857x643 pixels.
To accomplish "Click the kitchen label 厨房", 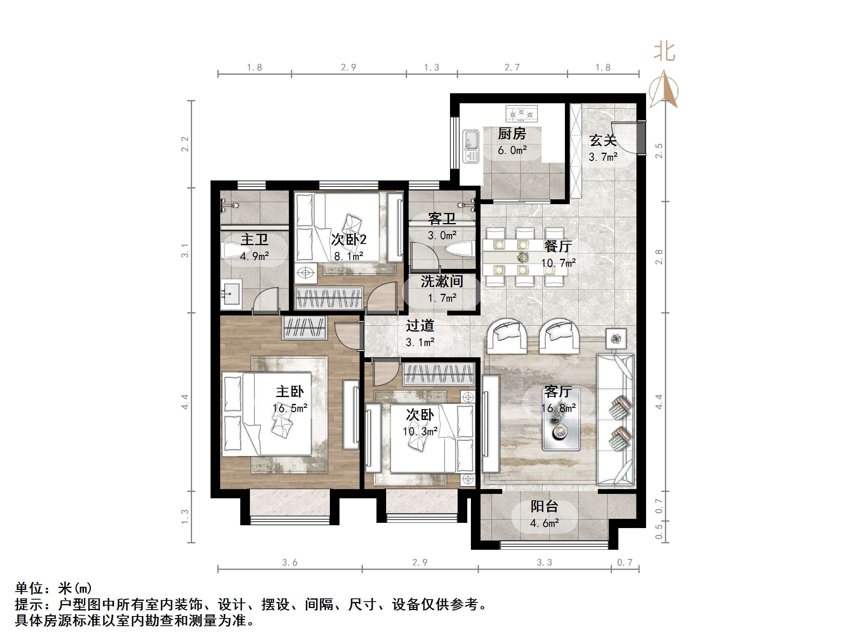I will (x=512, y=134).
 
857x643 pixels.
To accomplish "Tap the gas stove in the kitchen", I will (x=521, y=114).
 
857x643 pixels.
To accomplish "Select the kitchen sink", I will (x=470, y=145).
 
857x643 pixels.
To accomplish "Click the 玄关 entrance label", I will (x=603, y=141).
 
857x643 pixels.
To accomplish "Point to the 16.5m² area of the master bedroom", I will (x=290, y=408).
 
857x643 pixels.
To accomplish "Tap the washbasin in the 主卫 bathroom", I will (x=230, y=294).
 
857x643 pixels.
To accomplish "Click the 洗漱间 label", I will (x=442, y=281).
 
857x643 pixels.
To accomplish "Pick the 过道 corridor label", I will (x=420, y=326).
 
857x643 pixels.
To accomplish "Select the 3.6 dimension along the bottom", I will (x=290, y=563).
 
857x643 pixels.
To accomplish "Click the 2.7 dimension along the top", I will (x=512, y=68).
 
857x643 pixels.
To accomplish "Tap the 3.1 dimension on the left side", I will (x=184, y=251).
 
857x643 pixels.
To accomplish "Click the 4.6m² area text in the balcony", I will (x=544, y=523).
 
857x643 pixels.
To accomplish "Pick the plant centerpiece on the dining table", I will (x=522, y=256).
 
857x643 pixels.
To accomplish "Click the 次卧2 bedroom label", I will (x=348, y=240).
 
